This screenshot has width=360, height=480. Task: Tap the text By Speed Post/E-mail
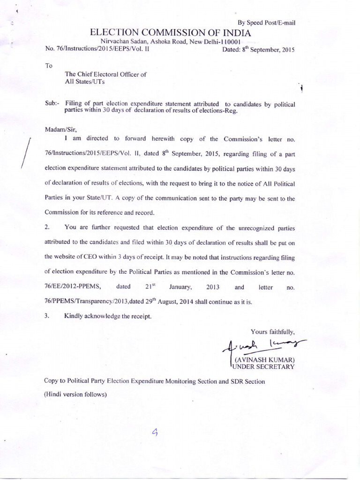click(266, 22)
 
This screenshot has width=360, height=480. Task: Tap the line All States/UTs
click(86, 82)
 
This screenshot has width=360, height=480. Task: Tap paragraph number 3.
click(47, 316)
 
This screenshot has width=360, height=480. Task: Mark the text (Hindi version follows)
click(75, 394)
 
